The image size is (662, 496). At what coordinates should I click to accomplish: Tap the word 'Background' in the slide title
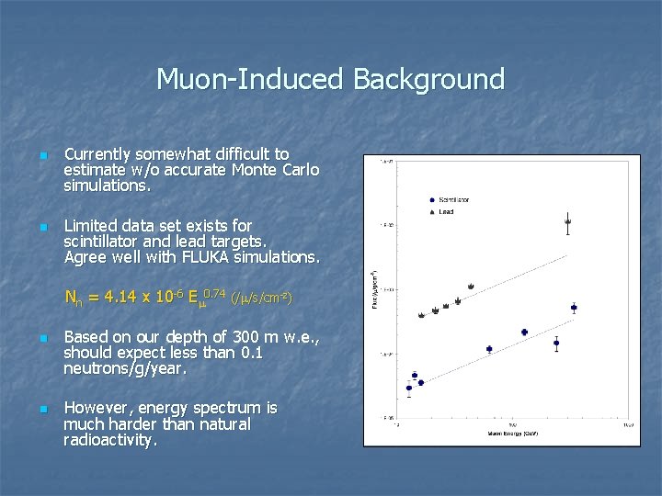(x=428, y=80)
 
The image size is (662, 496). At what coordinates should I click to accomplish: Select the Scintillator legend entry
(x=453, y=199)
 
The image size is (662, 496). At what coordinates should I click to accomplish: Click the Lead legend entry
(x=446, y=211)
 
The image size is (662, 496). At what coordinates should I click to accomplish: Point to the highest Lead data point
(x=567, y=221)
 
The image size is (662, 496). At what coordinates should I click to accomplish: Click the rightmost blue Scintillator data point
(x=574, y=308)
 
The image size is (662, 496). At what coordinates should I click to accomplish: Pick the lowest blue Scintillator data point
(x=409, y=388)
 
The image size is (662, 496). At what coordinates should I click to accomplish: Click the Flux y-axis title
(x=373, y=288)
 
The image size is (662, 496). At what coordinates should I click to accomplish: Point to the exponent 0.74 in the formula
(x=214, y=293)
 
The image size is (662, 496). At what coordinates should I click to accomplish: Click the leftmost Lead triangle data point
(x=422, y=315)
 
